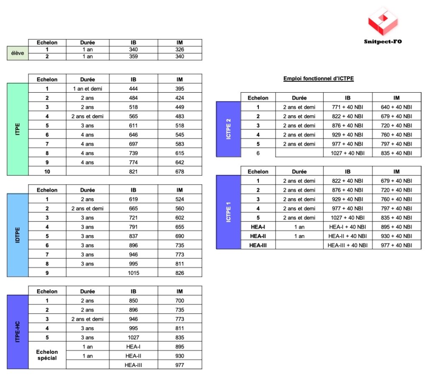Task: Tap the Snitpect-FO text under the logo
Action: point(383,42)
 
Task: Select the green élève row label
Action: point(18,53)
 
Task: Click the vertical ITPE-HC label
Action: point(18,332)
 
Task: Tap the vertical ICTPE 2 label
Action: point(228,129)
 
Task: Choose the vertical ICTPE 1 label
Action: point(228,212)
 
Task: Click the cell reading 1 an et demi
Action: point(87,89)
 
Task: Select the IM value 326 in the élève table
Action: point(180,49)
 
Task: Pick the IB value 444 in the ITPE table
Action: point(133,89)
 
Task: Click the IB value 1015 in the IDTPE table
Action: point(133,273)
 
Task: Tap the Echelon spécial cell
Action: point(47,355)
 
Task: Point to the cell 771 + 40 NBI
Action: point(348,107)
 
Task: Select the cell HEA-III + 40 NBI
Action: point(348,245)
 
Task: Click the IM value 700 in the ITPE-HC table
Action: point(180,301)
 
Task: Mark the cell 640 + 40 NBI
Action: point(397,107)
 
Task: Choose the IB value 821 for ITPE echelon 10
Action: point(133,171)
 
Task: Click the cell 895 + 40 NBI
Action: point(397,227)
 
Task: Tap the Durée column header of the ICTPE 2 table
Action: point(299,98)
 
